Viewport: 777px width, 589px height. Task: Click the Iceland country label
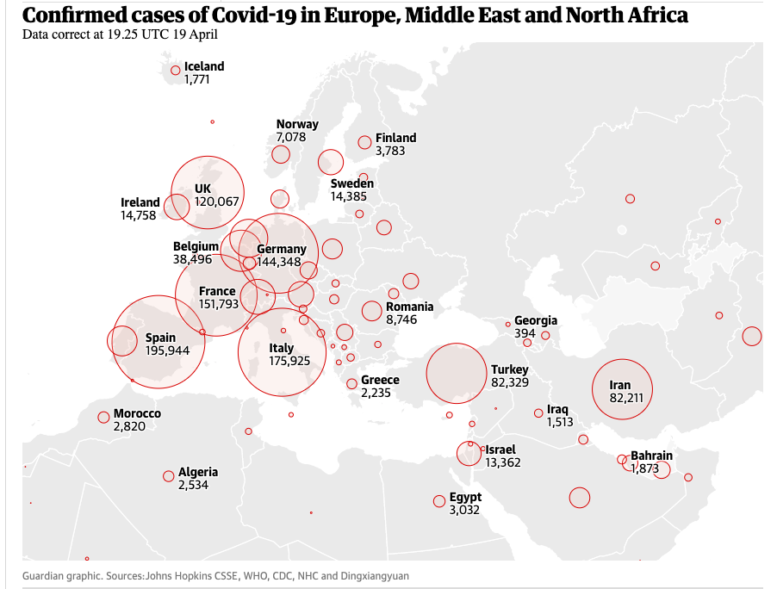(x=204, y=66)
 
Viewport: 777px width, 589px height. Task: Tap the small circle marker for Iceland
(x=176, y=71)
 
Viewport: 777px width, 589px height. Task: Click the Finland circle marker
(x=365, y=142)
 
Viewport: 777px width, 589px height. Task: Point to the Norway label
(x=297, y=124)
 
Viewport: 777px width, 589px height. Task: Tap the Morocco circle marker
(x=104, y=418)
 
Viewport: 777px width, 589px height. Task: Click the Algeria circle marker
(x=169, y=476)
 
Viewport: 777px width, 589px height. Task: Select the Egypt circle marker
(x=439, y=501)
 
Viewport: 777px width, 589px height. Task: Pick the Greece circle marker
(x=352, y=384)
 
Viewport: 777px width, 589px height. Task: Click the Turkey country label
(x=510, y=369)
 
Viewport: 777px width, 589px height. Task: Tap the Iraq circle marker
(x=538, y=412)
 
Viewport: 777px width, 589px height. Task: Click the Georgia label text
(x=536, y=320)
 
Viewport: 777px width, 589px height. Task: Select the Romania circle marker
(x=372, y=311)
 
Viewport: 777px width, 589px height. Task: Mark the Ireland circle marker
(x=177, y=207)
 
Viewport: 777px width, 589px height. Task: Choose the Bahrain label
(x=651, y=456)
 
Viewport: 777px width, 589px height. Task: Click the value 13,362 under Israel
(x=503, y=462)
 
